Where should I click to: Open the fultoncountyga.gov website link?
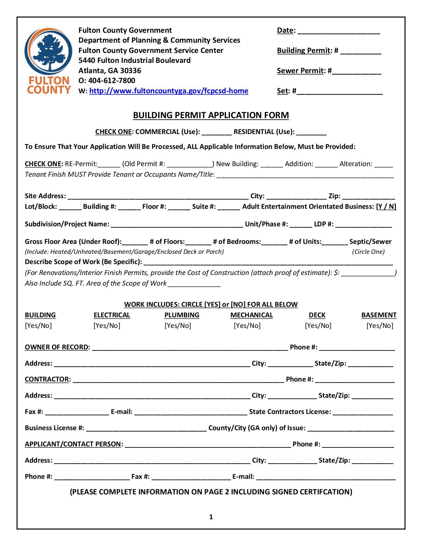(x=168, y=91)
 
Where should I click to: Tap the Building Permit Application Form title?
(x=211, y=115)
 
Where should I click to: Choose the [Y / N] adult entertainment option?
(x=386, y=206)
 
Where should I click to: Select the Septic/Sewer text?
(x=370, y=242)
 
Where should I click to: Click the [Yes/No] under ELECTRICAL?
(x=107, y=326)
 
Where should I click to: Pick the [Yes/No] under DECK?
(x=318, y=326)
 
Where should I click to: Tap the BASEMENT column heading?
(x=379, y=315)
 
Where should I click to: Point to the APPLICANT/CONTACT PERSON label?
(x=73, y=444)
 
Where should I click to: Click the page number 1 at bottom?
(x=211, y=517)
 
